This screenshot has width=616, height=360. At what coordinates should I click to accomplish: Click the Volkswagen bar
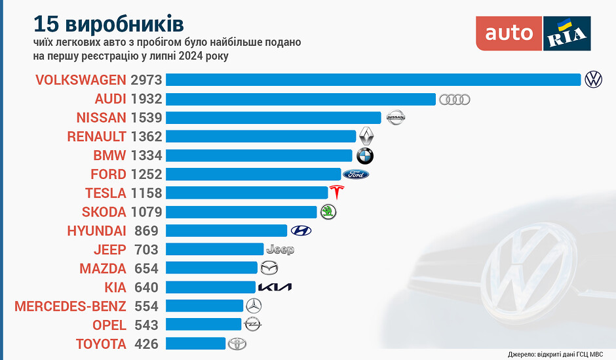coord(374,79)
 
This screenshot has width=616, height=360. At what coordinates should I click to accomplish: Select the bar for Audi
coord(301,99)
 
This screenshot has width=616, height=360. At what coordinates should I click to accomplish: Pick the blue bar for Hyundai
coord(226,230)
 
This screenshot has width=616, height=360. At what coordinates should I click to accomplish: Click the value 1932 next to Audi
coord(145,99)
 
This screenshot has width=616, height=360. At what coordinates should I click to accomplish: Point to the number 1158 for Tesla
coord(145,193)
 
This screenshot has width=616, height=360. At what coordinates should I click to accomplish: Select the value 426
coord(146,344)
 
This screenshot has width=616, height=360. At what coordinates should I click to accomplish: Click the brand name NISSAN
coord(102,118)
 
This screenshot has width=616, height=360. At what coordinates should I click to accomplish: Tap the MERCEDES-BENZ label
coord(70,306)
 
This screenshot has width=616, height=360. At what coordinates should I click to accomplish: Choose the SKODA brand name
coord(104,212)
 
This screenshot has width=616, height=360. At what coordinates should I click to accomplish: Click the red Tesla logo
coord(337,193)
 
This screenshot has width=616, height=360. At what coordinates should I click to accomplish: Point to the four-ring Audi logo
coord(455,100)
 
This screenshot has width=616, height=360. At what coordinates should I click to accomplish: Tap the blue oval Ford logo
coord(356,174)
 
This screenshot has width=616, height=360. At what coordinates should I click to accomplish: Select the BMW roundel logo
coord(365,156)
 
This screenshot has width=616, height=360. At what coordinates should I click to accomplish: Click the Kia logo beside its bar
coord(275,287)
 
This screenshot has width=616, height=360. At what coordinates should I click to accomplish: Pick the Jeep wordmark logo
coord(280,249)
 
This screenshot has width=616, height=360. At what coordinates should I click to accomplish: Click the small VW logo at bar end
coord(594,79)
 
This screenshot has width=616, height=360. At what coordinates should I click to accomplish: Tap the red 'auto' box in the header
coord(509,33)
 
